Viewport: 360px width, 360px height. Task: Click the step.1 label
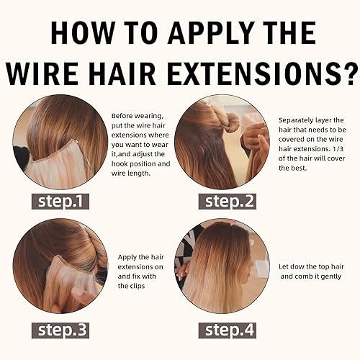[x=60, y=202]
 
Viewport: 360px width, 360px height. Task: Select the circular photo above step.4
[x=222, y=266]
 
